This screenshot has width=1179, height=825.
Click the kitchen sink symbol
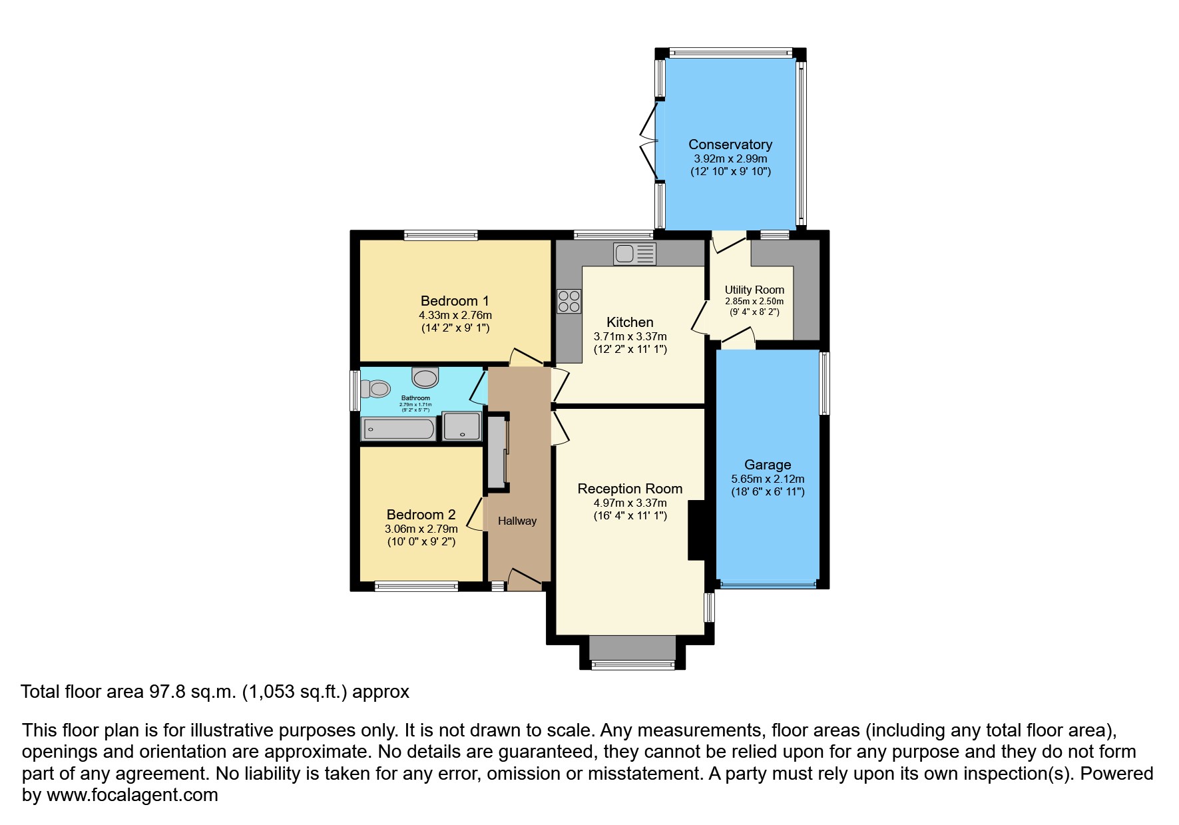click(635, 254)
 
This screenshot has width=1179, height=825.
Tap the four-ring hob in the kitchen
click(569, 301)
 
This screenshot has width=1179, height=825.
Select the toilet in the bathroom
click(375, 388)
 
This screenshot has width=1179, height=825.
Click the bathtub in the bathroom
click(398, 429)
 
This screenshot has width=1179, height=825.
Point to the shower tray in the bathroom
click(461, 426)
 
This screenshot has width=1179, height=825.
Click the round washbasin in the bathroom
click(425, 378)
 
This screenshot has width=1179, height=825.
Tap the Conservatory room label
click(730, 144)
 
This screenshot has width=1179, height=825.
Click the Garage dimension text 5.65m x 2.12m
click(768, 479)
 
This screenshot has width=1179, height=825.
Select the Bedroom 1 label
click(455, 301)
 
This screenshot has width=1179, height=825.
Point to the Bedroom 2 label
click(421, 515)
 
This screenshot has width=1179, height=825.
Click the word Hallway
click(517, 521)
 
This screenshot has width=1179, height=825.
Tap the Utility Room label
click(754, 290)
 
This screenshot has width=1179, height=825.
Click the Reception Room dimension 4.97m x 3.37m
click(630, 503)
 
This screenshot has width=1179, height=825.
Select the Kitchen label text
click(630, 322)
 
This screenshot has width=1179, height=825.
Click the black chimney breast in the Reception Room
click(696, 531)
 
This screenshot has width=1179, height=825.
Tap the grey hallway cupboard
click(497, 453)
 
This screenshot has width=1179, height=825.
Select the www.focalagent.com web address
click(132, 795)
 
